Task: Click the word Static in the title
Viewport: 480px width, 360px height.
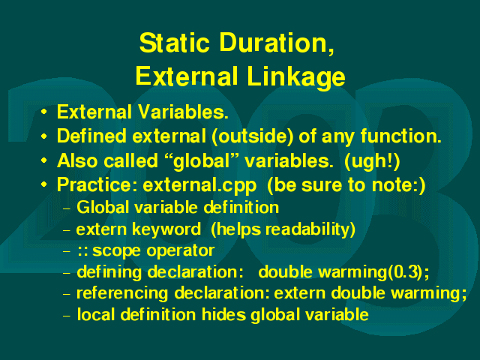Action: [174, 43]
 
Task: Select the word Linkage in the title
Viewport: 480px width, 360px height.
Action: [296, 76]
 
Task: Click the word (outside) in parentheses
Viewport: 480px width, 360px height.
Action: [253, 136]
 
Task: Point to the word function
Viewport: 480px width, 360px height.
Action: [400, 136]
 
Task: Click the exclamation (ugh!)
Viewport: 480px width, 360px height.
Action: [372, 161]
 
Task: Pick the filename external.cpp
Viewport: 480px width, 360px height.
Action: [199, 185]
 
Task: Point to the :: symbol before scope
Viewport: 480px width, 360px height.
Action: [82, 251]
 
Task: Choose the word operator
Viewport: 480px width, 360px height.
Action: [180, 251]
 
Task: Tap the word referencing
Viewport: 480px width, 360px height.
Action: [122, 293]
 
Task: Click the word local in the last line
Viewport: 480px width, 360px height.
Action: [96, 314]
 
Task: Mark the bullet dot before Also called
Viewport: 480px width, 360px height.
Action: [44, 160]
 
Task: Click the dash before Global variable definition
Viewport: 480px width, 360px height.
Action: [67, 209]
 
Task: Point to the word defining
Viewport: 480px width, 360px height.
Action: [109, 272]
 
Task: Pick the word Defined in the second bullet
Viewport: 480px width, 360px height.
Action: [91, 136]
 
